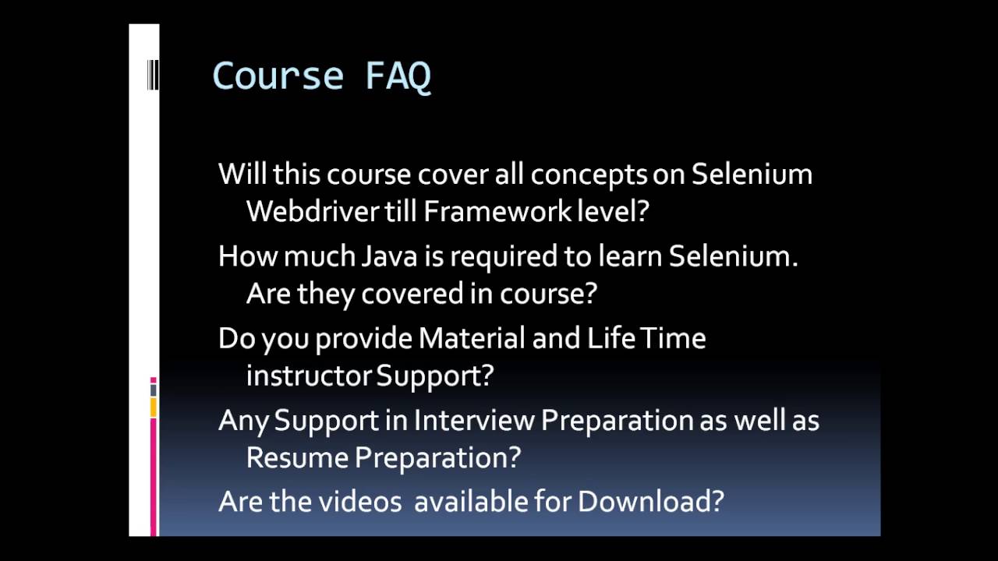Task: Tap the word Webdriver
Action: coord(313,211)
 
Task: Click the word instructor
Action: coord(309,376)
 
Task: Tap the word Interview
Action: coord(474,420)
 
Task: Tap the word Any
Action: coord(243,420)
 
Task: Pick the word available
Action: coord(471,501)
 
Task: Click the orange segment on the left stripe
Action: coord(154,407)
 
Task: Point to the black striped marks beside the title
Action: coord(153,76)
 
